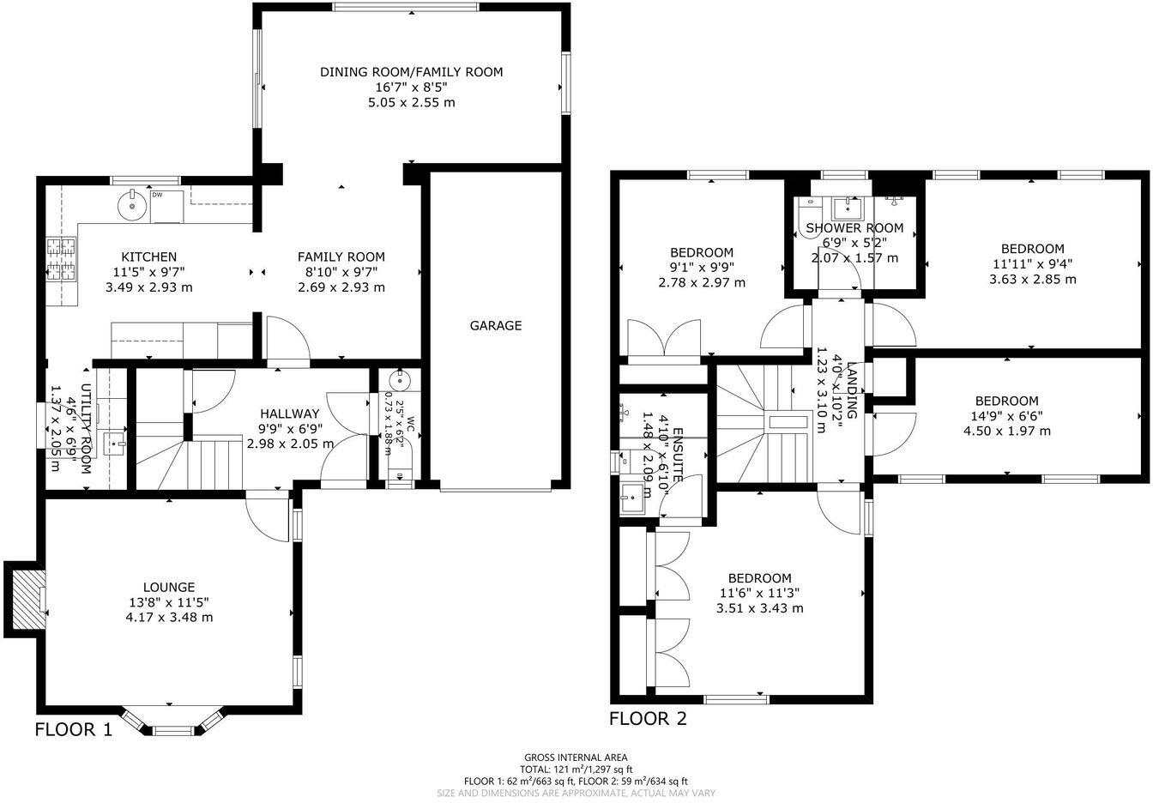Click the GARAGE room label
coord(495,326)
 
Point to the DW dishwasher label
coord(157,195)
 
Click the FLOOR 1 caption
coord(73,730)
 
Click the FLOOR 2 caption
coord(648,719)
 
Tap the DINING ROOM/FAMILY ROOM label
coord(411,72)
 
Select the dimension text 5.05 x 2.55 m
coord(411,102)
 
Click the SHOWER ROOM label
coord(854,228)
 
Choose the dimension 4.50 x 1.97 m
coord(1006,431)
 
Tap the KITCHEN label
coord(148,257)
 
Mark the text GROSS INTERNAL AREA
coord(576,758)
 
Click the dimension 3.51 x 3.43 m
coord(759,608)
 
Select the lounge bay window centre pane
coord(173,730)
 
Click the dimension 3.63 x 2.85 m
coord(1032,279)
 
